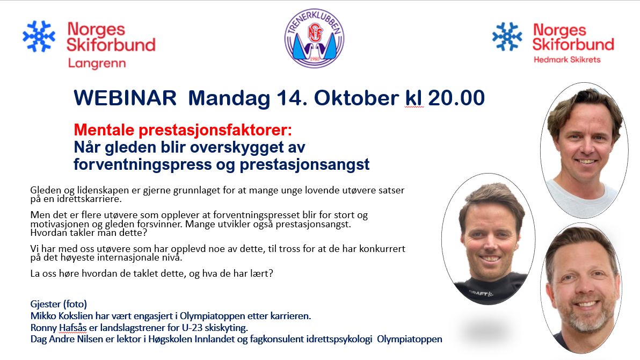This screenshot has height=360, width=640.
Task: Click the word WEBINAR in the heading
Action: [125, 98]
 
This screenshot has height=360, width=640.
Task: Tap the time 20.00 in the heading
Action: [456, 98]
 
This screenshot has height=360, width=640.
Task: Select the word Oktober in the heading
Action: [357, 98]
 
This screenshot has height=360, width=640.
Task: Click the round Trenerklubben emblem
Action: [314, 38]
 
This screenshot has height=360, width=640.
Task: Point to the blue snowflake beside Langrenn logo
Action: [39, 37]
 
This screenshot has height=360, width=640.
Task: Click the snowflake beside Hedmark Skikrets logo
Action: [507, 37]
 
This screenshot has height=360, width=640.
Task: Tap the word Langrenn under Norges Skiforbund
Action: [97, 64]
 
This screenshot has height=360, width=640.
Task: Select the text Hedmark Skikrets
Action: [567, 60]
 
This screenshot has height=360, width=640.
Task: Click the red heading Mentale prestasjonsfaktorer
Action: [183, 130]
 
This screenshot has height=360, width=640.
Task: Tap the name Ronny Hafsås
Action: [59, 328]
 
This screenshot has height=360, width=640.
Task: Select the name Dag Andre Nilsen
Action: [67, 339]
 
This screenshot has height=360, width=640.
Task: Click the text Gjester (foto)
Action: [59, 305]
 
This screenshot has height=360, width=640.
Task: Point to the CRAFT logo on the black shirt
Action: [481, 293]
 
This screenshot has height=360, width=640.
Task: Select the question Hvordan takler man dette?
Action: [89, 233]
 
